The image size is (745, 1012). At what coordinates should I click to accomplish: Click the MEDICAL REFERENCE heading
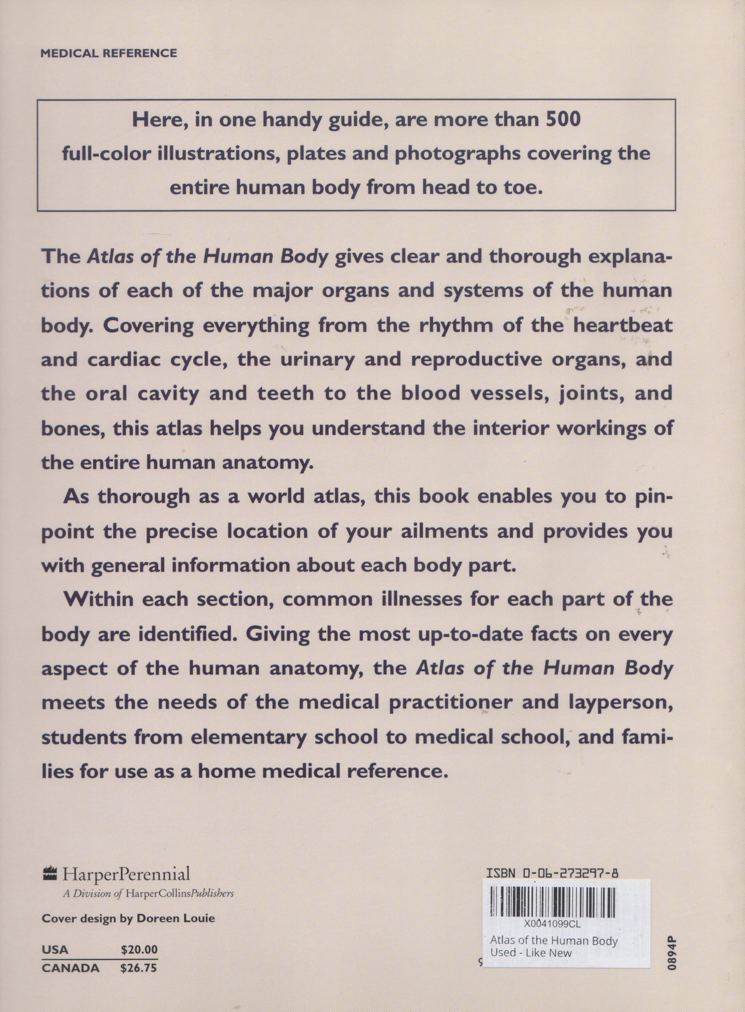click(x=109, y=54)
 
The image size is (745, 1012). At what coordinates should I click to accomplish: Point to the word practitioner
click(x=451, y=702)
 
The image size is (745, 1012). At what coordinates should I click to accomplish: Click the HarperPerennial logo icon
click(x=50, y=875)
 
